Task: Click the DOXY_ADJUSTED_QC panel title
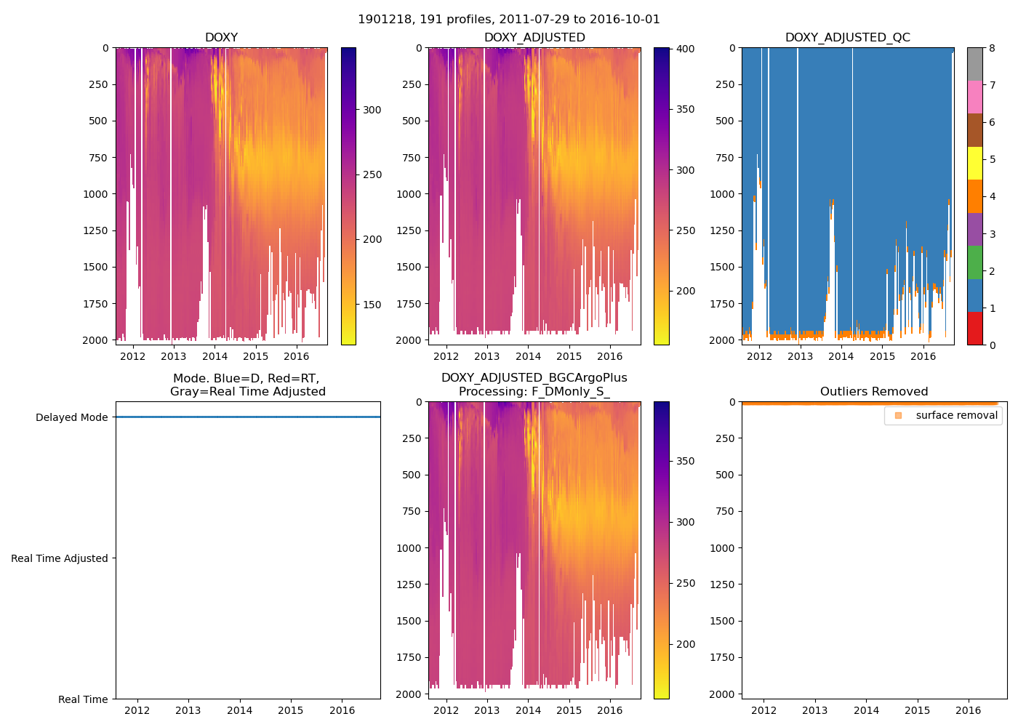(x=847, y=38)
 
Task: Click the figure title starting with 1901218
(x=509, y=20)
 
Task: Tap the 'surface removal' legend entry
(x=956, y=415)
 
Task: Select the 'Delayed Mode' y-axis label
(x=71, y=417)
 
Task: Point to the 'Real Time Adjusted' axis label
(x=60, y=558)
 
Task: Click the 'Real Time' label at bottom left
(x=83, y=699)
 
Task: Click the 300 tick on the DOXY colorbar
(x=372, y=110)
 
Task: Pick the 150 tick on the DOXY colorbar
(x=372, y=305)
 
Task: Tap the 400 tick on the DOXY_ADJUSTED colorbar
(x=686, y=49)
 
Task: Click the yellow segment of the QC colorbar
(x=974, y=163)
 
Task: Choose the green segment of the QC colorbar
(x=974, y=262)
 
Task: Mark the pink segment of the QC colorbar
(x=974, y=97)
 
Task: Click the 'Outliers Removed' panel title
(x=874, y=392)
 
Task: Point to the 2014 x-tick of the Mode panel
(x=239, y=710)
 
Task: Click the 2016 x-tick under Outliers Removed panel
(x=969, y=710)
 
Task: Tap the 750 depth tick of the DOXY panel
(x=98, y=158)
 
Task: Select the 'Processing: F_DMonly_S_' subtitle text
(x=534, y=392)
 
